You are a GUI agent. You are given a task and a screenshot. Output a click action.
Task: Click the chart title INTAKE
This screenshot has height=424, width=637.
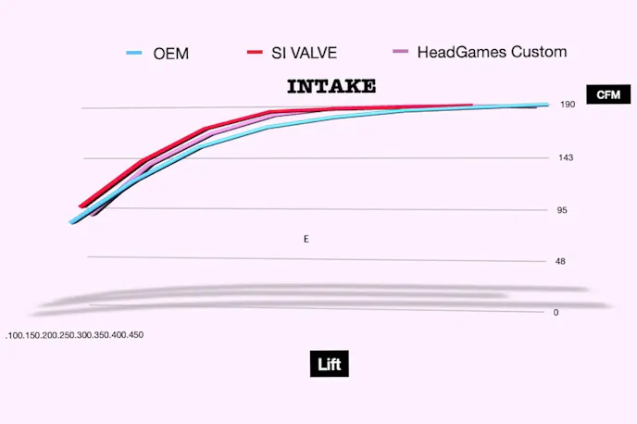coord(331,87)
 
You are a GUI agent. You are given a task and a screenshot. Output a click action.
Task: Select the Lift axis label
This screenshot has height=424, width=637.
coord(329,364)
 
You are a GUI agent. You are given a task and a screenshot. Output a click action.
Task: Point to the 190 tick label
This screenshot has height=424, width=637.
coord(568,105)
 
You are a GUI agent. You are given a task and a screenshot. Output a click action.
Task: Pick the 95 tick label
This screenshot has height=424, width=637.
coord(561,210)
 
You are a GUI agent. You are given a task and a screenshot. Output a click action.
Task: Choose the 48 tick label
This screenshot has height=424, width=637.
coord(560,261)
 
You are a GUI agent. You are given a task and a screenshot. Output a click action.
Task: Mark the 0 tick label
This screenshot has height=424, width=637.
coord(556,312)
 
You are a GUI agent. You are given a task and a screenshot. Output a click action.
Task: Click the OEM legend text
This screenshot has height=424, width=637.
coord(171,53)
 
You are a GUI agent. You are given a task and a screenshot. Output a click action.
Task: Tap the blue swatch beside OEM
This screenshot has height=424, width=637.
coord(136,53)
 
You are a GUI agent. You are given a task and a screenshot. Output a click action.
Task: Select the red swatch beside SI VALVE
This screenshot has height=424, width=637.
coord(256,53)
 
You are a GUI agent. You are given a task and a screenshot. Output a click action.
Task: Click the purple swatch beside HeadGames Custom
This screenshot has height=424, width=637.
coord(400,53)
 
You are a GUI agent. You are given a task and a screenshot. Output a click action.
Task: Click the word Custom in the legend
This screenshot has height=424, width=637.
coord(537,53)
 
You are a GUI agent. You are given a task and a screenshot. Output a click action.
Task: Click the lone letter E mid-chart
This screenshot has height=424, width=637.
coord(306,239)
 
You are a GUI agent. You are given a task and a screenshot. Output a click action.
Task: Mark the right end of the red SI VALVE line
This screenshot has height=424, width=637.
coord(471,106)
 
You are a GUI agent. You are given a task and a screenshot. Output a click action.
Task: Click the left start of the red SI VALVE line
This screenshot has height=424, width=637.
coord(81,206)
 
